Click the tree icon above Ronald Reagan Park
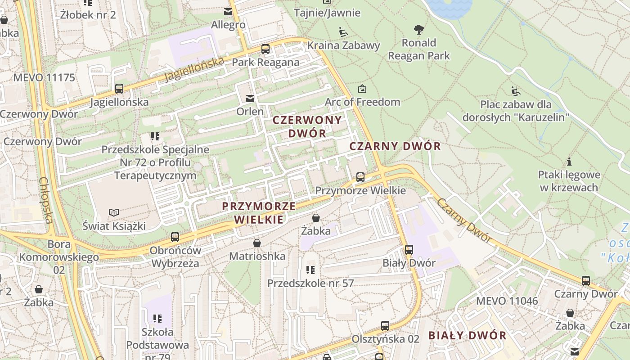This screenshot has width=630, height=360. click(x=419, y=30)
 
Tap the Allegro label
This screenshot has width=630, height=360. click(x=228, y=25)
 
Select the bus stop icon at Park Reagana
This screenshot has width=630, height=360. click(x=265, y=49)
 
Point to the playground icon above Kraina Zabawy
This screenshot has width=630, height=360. click(x=343, y=32)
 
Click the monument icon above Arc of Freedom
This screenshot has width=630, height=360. click(x=362, y=89)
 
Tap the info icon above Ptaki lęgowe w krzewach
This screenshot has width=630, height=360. click(x=569, y=161)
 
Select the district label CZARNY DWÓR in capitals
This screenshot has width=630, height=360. click(x=395, y=146)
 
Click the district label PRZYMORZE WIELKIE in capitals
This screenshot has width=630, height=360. click(x=259, y=213)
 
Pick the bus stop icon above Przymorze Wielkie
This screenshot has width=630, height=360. click(x=360, y=177)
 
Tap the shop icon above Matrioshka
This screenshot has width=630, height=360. click(x=257, y=243)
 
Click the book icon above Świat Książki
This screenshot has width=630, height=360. click(x=114, y=212)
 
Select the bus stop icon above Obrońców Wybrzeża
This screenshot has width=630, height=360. click(x=175, y=237)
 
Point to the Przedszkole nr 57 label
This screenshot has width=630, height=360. click(x=310, y=283)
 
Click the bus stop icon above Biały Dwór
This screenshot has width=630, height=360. click(x=409, y=249)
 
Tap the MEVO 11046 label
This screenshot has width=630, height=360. click(x=507, y=301)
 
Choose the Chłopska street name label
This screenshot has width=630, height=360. click(x=46, y=200)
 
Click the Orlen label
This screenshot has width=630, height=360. click(x=250, y=111)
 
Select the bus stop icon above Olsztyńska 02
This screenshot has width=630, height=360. click(x=385, y=325)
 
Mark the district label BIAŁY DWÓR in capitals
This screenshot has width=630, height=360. click(x=467, y=335)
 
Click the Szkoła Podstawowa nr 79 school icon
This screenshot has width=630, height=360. click(x=157, y=319)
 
